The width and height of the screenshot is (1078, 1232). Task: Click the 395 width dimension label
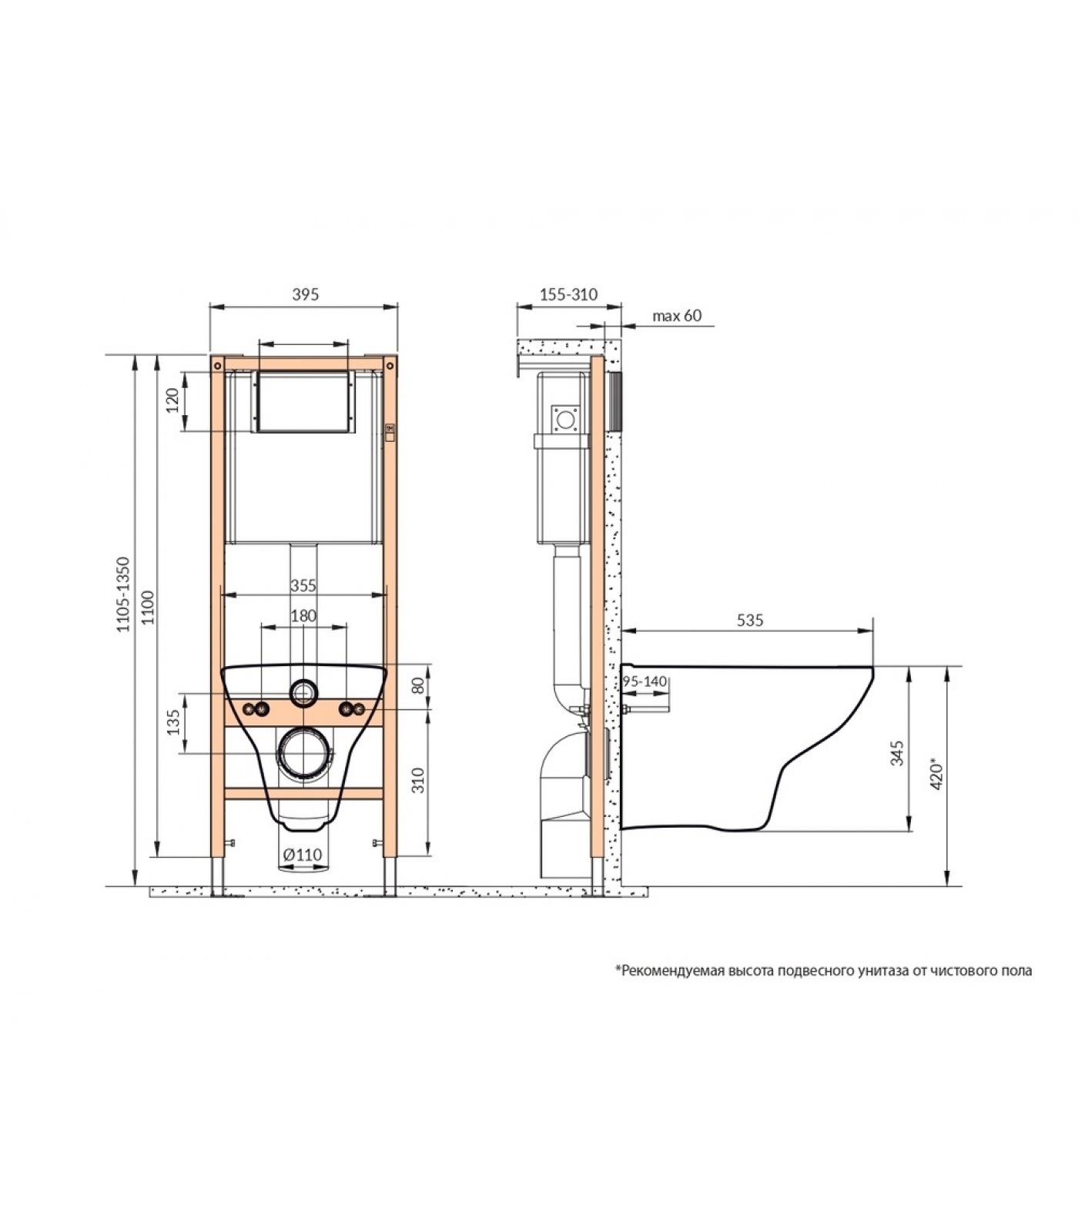pyautogui.click(x=306, y=294)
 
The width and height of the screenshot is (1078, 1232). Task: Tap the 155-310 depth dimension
pyautogui.click(x=568, y=294)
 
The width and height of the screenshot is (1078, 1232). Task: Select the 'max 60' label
pyautogui.click(x=677, y=316)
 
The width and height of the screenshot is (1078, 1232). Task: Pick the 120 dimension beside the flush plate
pyautogui.click(x=172, y=400)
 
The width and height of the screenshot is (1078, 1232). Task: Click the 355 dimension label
pyautogui.click(x=303, y=585)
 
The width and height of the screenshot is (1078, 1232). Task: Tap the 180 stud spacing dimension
pyautogui.click(x=303, y=616)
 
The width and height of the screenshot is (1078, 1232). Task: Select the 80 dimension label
pyautogui.click(x=419, y=685)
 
